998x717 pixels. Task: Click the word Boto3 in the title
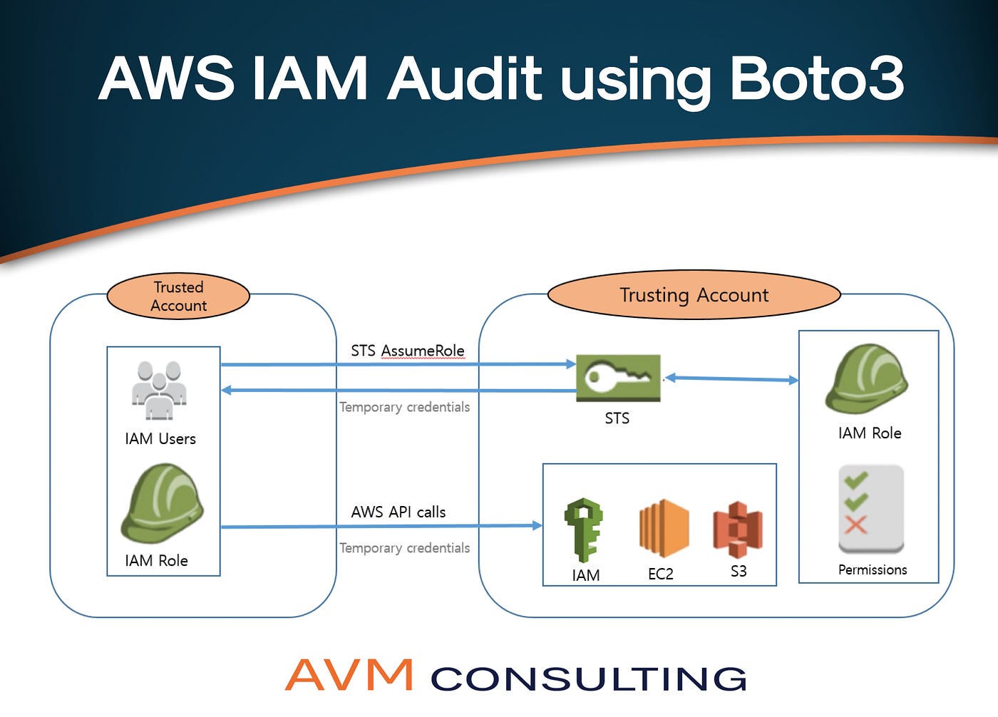(x=816, y=78)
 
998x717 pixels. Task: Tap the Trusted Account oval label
(x=178, y=296)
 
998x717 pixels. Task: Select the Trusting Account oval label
(x=694, y=295)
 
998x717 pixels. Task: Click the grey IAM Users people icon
(x=159, y=390)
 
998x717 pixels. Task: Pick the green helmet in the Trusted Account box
(x=162, y=503)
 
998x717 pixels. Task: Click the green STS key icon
(x=618, y=378)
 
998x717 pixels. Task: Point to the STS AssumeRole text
(x=407, y=351)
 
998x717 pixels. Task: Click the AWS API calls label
(x=398, y=512)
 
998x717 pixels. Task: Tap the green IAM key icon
(x=584, y=530)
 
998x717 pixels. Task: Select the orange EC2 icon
(x=663, y=528)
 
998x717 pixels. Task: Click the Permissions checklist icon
(x=871, y=509)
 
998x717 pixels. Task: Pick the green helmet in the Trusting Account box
(x=866, y=379)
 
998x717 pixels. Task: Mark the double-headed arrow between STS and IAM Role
(x=731, y=379)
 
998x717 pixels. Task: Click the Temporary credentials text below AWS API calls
(x=404, y=548)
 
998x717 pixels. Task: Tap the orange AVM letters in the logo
(x=349, y=675)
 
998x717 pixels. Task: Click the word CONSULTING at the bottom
(x=588, y=679)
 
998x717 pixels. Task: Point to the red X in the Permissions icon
(x=855, y=525)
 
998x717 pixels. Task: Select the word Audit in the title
(x=465, y=78)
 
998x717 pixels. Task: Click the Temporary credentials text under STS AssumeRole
(x=404, y=407)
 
